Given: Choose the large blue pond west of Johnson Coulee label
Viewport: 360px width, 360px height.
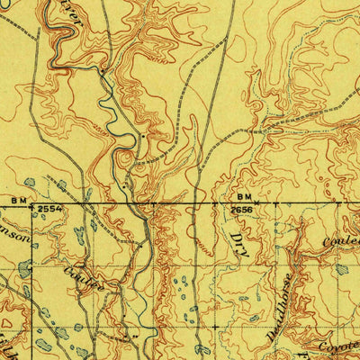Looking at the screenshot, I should (x=24, y=269).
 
